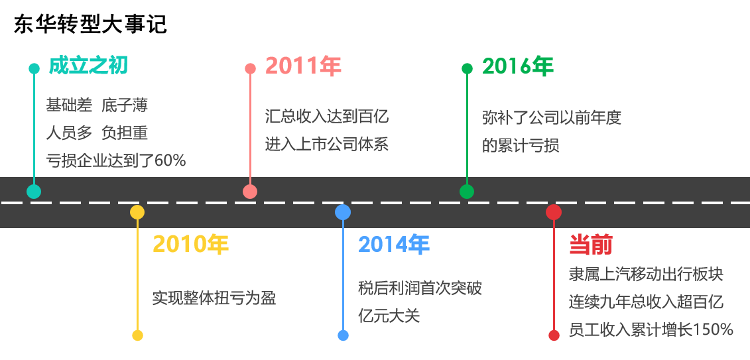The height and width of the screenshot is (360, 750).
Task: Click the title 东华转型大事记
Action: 90,25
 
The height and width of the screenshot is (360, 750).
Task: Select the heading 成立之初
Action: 88,66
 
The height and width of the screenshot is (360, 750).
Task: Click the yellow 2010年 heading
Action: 190,245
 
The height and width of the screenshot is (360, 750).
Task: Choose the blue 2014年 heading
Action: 394,245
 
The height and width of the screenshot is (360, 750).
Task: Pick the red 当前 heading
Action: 590,245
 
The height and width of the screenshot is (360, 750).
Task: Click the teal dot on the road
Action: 34,192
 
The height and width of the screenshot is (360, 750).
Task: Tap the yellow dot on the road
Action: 137,212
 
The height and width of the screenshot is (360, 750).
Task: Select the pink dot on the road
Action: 250,192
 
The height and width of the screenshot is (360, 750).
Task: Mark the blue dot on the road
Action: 343,212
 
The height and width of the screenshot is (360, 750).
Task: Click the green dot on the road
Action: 467,192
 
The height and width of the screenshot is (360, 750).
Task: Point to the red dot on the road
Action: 554,212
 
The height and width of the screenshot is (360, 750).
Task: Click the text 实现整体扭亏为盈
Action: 214,298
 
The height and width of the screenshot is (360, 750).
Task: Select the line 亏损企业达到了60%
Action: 116,160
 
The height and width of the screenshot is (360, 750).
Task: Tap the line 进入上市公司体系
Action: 327,144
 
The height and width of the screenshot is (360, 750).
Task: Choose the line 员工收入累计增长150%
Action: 651,330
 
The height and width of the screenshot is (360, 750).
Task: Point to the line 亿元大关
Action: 389,315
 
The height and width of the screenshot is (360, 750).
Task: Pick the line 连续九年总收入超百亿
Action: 646,302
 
